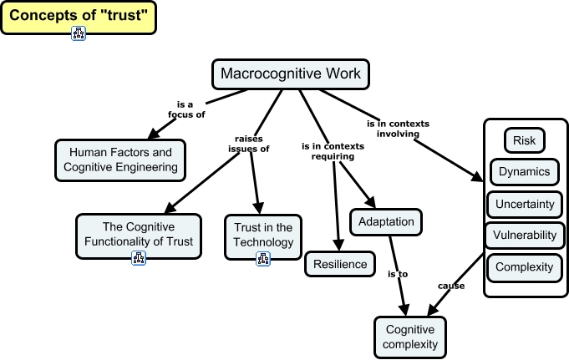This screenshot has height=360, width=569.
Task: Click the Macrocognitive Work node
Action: click(x=291, y=74)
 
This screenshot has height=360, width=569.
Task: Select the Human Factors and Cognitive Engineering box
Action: click(x=120, y=160)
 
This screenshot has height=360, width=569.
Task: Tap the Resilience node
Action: click(x=340, y=265)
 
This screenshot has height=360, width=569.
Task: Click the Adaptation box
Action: click(x=386, y=221)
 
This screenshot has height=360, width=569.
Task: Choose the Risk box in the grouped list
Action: click(x=524, y=140)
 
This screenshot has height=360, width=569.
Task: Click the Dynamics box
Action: click(x=524, y=172)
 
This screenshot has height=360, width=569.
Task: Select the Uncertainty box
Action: click(x=524, y=204)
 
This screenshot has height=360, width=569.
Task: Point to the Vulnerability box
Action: click(x=524, y=236)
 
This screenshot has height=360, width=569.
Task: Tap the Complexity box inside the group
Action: click(x=524, y=267)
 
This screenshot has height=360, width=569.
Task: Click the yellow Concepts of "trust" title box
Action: click(x=78, y=16)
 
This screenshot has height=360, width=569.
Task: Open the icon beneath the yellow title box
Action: click(x=79, y=34)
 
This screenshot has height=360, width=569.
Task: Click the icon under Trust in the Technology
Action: click(x=262, y=259)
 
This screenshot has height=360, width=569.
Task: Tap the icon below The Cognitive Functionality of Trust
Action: click(x=139, y=258)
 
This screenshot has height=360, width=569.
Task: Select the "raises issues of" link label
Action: click(x=249, y=144)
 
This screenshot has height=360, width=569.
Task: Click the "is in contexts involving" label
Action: click(x=397, y=129)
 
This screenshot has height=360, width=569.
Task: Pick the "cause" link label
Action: click(x=451, y=286)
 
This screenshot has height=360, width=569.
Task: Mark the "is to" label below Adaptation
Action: click(x=397, y=273)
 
